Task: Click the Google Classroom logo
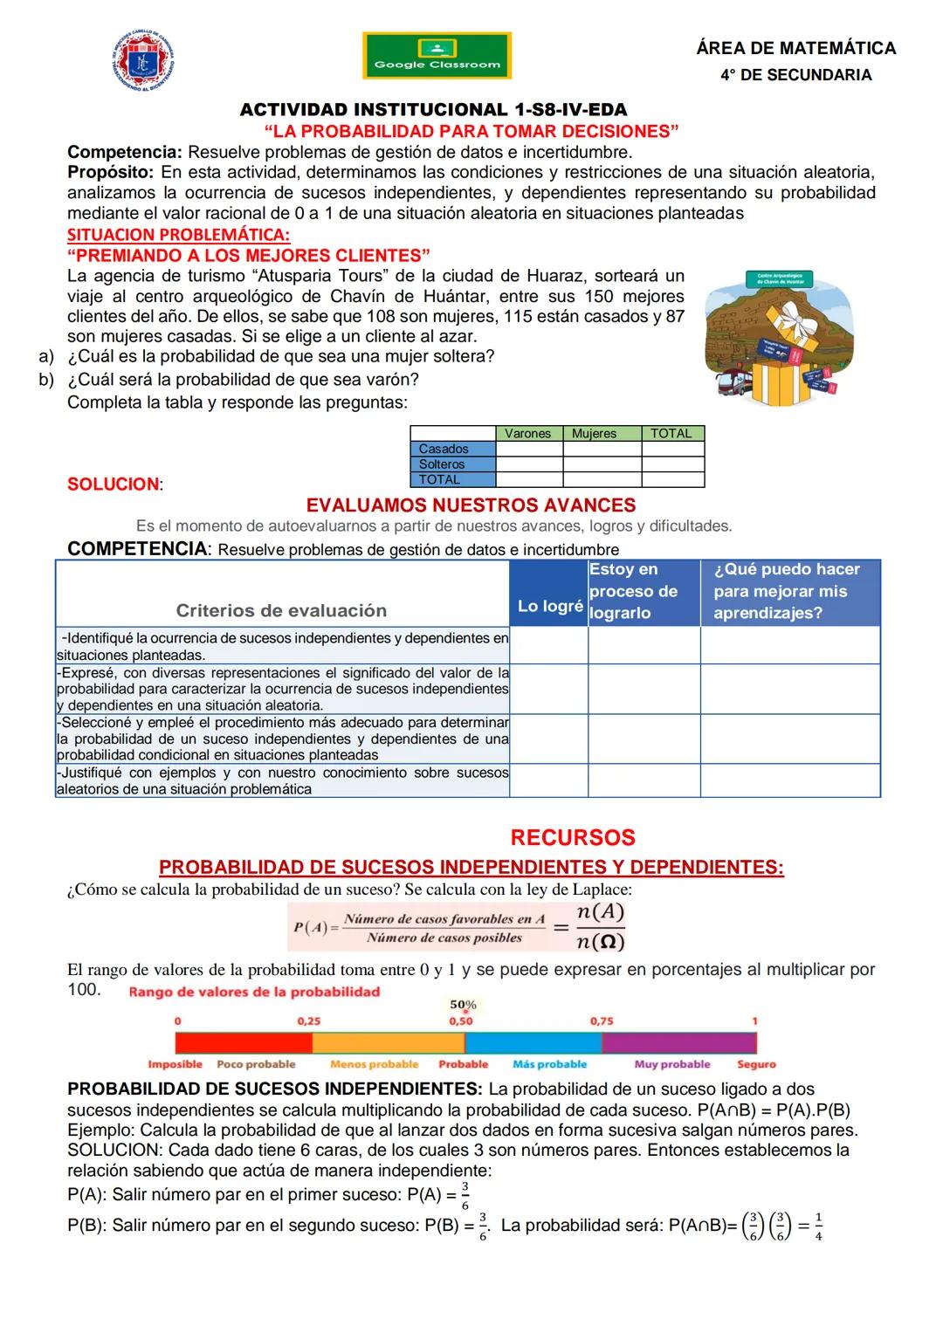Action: click(437, 56)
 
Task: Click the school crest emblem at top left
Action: click(143, 62)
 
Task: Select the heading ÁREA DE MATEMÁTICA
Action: click(795, 48)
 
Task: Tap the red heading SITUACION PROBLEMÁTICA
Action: click(178, 235)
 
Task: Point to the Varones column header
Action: click(527, 433)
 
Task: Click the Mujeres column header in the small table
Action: click(594, 433)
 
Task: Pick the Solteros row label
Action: click(442, 464)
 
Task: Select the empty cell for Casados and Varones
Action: click(529, 449)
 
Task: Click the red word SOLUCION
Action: click(114, 484)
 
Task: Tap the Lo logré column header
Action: click(549, 606)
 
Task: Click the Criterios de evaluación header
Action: click(281, 610)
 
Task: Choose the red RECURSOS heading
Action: click(572, 837)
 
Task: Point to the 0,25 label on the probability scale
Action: click(308, 1020)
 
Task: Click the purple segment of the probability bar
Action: click(678, 1042)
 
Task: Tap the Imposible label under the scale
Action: click(175, 1064)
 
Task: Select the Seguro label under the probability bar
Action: click(756, 1064)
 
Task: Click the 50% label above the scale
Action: click(463, 1006)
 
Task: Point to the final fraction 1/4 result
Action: click(817, 1226)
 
